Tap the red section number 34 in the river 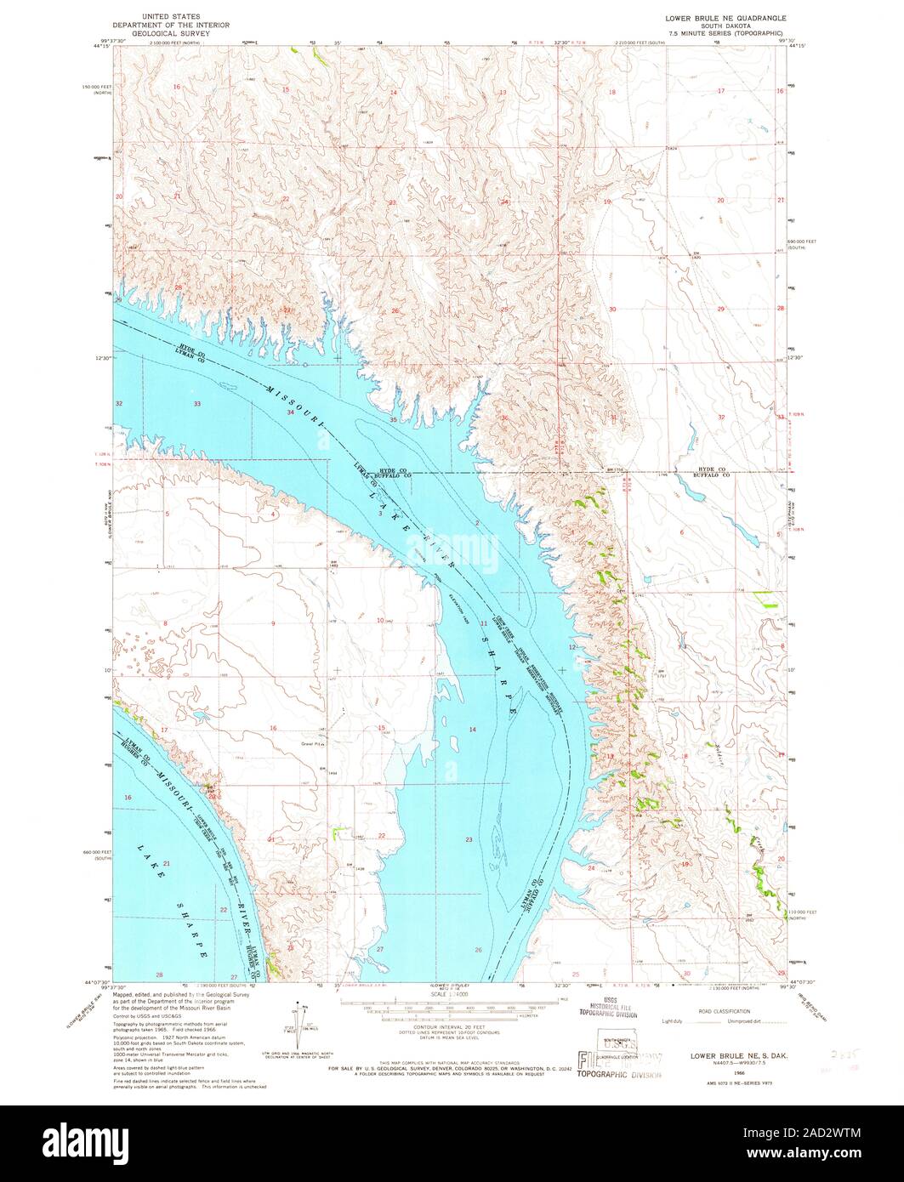click(290, 412)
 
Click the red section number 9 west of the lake click(273, 623)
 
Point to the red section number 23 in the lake click(469, 839)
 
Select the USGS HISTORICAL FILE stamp click(608, 1006)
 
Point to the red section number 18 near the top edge click(611, 91)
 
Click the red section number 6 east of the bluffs click(682, 531)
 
